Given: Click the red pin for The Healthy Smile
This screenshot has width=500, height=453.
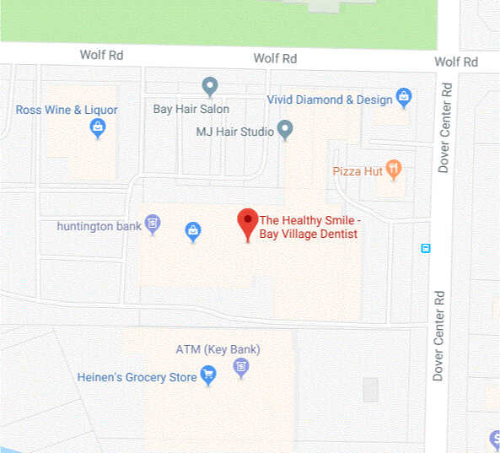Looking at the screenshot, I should tap(247, 222).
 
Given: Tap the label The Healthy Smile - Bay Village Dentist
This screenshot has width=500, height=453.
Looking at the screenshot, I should tap(309, 226).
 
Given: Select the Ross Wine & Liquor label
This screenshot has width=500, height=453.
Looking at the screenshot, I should tap(67, 110).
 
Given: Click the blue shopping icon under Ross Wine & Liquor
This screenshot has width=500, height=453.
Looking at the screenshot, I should tap(98, 127).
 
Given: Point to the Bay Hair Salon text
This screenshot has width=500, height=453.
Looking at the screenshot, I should tap(191, 109).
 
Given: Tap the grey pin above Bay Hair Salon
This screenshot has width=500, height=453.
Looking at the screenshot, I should tap(210, 85).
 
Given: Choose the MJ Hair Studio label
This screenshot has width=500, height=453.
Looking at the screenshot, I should tap(234, 132).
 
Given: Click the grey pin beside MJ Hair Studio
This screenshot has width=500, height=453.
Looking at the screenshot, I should tap(285, 130).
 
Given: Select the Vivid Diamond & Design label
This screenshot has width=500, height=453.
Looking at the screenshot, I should tap(330, 99).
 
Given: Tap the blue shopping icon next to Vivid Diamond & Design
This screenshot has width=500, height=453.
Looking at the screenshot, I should tap(404, 98).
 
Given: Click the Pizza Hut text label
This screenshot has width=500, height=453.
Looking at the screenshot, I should tap(358, 170).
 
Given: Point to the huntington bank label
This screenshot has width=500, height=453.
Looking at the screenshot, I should tap(99, 226).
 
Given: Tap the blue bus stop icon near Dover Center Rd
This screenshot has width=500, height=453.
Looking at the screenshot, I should tap(426, 248).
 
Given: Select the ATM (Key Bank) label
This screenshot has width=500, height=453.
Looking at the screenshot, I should tap(218, 349).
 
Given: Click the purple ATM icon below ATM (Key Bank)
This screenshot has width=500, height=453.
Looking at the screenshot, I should tap(242, 366).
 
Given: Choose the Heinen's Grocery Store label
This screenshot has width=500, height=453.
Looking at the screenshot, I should tap(137, 377).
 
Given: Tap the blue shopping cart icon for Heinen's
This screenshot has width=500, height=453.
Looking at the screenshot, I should tap(208, 376).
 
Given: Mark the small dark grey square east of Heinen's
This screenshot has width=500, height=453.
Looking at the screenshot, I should tap(370, 390).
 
